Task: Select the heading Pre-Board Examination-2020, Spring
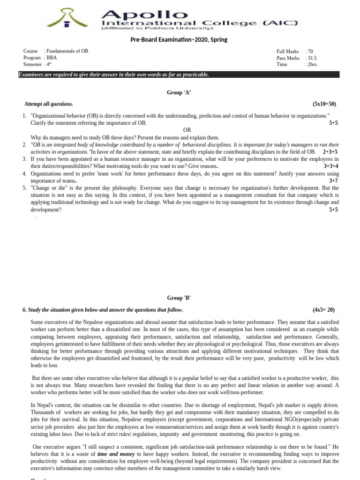click(179, 40)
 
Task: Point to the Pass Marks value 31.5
click(312, 58)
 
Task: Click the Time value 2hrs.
click(312, 64)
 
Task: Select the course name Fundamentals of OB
click(67, 51)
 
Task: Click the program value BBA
click(52, 58)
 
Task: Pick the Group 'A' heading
click(179, 93)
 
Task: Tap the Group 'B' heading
click(179, 298)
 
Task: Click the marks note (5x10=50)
click(324, 104)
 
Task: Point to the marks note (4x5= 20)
click(323, 310)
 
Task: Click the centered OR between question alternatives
click(187, 130)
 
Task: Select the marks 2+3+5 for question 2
click(330, 152)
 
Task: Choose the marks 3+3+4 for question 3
click(330, 166)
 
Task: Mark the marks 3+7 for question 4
click(333, 180)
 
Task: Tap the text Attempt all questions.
click(49, 104)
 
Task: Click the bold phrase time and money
click(115, 455)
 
